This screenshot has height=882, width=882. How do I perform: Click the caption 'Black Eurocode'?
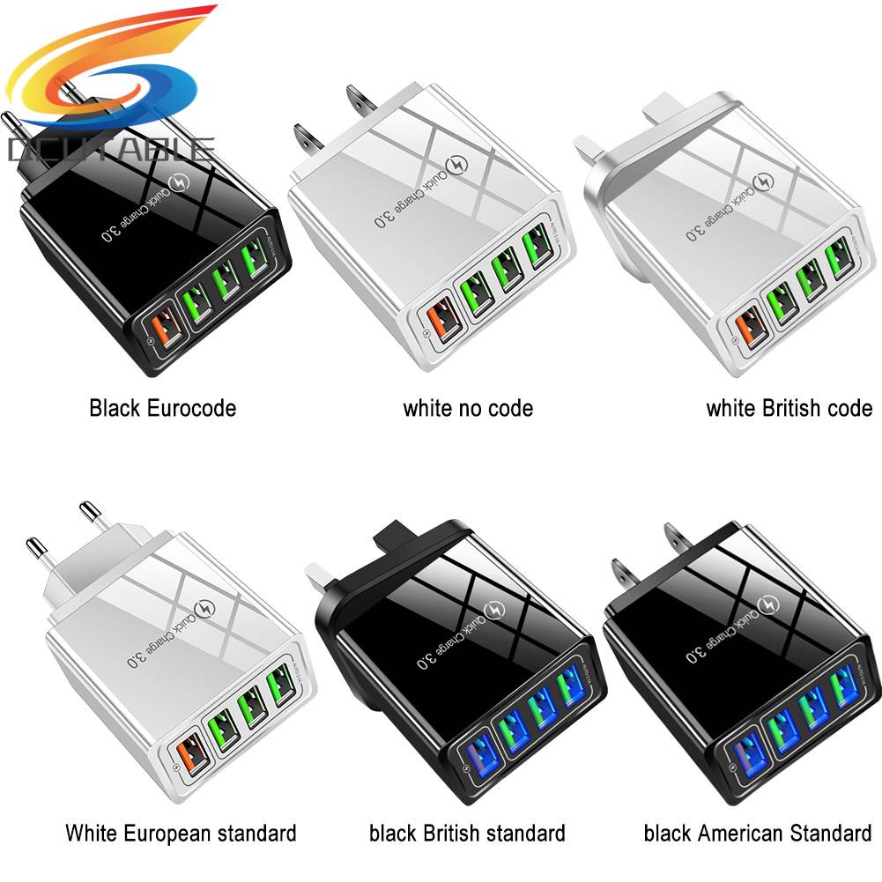pos(162,408)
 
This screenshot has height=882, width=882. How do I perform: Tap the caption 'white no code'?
pos(468,408)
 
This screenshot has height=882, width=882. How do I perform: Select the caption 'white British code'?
pos(789,408)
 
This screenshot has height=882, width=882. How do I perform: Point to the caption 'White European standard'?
pos(181,832)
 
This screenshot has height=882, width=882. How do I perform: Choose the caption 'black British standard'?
pos(467,832)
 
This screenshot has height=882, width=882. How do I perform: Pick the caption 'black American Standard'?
pos(757,832)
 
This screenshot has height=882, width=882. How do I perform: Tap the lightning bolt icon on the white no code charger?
pos(460,167)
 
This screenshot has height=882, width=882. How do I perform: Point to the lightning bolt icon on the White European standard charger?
pos(205,599)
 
